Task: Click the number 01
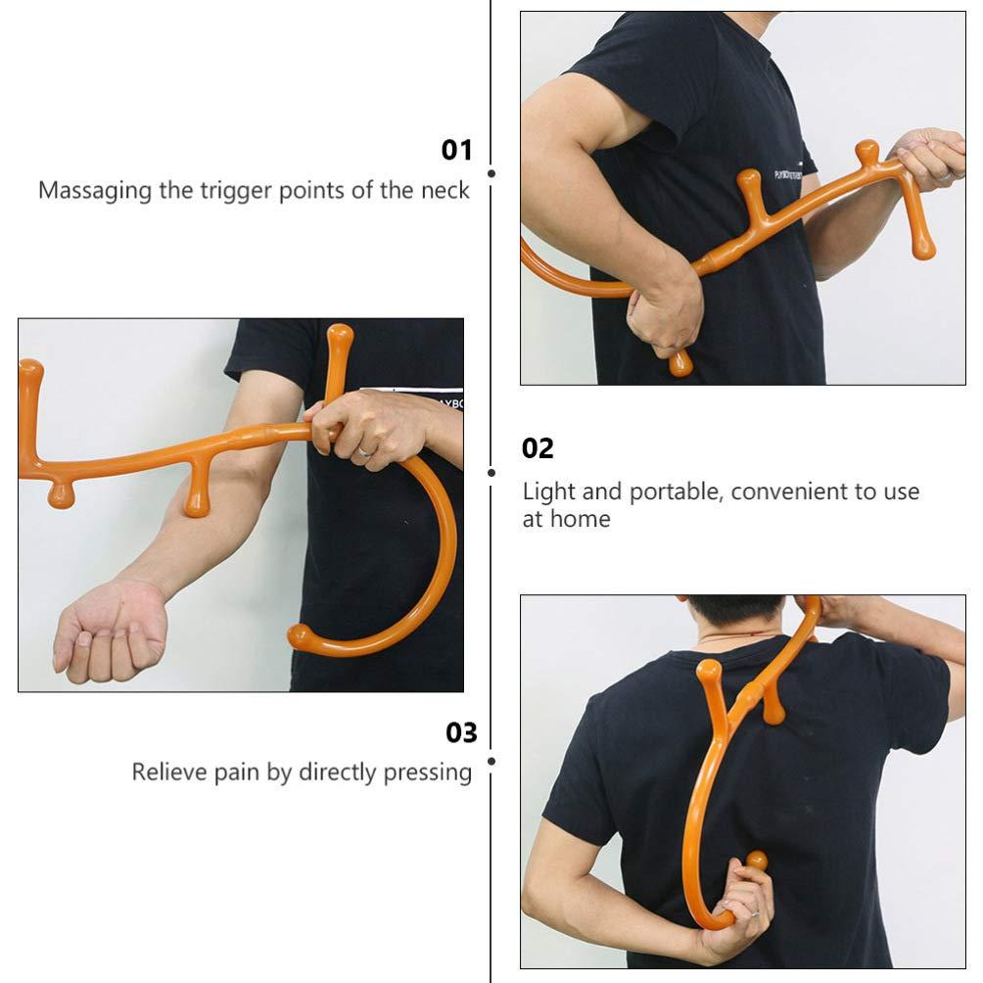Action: pos(456,150)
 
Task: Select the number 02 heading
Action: pos(538,448)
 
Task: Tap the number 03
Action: pos(461,732)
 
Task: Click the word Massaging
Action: pos(95,190)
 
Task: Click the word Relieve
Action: pos(167,772)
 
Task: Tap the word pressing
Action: pos(428,773)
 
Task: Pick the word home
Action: pos(581,519)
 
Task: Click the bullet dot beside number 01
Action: pos(491,173)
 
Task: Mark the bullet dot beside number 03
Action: pos(491,760)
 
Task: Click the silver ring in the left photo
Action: pos(364,451)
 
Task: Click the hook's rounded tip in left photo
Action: pos(300,637)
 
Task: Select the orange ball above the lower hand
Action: pos(756,862)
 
